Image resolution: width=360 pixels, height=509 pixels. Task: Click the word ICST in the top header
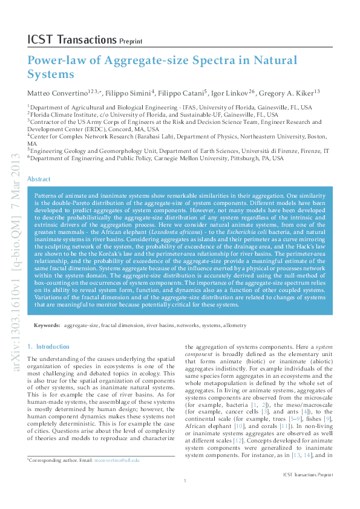tap(39, 40)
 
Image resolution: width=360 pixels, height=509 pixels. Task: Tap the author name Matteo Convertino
tap(56, 93)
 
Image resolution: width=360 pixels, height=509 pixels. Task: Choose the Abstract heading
tap(39, 180)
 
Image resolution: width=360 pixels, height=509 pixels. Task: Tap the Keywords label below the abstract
tap(47, 325)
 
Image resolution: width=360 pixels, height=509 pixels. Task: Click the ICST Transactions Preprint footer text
tap(308, 493)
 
